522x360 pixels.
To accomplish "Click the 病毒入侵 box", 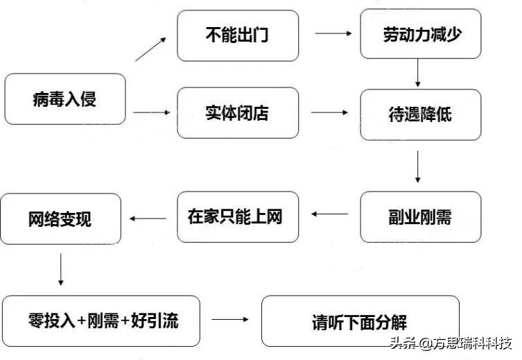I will (65, 99).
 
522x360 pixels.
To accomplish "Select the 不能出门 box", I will (238, 35).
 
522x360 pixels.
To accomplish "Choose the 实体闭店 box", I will (238, 112).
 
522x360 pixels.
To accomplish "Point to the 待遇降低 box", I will (420, 114).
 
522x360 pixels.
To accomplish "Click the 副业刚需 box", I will (420, 216).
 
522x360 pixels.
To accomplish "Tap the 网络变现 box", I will (61, 218).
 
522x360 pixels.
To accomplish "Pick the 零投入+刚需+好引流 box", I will (101, 320).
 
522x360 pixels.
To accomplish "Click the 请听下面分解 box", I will (360, 321).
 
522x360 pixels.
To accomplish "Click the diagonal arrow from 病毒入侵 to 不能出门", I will (150, 49).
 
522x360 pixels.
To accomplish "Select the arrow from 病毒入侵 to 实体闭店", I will (151, 112).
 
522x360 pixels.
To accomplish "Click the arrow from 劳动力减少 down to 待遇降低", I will (419, 72).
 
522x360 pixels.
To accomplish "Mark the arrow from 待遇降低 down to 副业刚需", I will (419, 166).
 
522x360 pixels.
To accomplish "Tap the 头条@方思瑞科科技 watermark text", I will (451, 343).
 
